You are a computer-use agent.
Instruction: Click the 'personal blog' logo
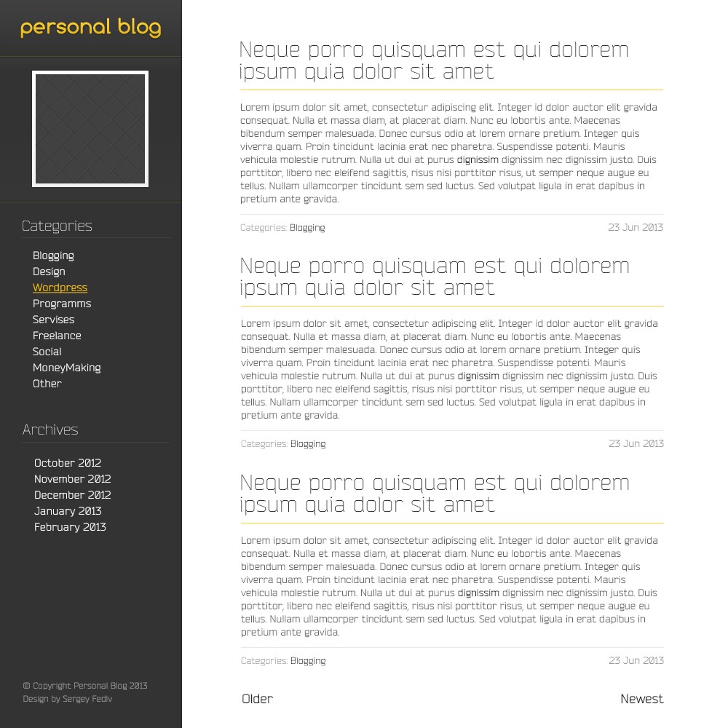point(90,28)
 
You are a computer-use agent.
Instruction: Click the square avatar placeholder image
point(90,129)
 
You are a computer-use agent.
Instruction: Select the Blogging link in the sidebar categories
point(53,256)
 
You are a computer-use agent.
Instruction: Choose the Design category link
point(49,272)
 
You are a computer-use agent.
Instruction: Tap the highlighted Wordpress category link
point(60,288)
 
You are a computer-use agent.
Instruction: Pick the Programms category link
point(62,304)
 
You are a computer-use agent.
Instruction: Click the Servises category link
point(53,320)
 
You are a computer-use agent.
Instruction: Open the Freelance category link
point(57,336)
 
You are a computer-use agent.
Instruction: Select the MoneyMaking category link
point(66,368)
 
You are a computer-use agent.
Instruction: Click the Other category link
point(47,384)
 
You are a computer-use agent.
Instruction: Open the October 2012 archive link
point(68,463)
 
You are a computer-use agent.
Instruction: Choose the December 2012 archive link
point(72,495)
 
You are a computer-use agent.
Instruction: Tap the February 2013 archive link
point(70,527)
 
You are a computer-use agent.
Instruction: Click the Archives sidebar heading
point(50,430)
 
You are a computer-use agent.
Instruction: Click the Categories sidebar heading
point(57,226)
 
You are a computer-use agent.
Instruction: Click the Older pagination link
point(258,699)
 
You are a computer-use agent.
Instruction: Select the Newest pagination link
point(641,699)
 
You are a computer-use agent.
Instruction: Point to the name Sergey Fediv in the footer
point(87,699)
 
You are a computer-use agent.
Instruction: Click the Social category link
point(47,352)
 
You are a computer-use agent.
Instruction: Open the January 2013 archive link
point(68,511)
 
